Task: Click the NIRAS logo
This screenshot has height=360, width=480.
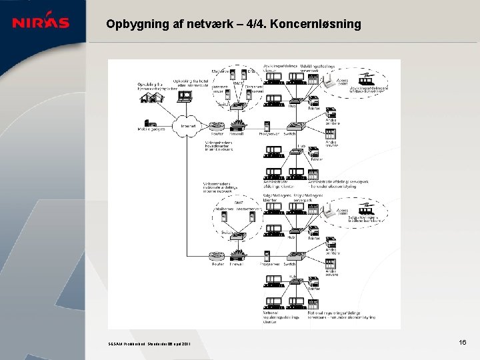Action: coord(41,22)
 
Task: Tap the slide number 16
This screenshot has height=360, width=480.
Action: coord(462,342)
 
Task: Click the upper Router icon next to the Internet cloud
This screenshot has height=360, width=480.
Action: coord(217,125)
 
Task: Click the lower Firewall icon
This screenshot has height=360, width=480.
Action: coord(237,255)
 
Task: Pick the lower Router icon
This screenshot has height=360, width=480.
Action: coord(217,256)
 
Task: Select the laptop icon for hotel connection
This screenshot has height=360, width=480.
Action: coord(185,96)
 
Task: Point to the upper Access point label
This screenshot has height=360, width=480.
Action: coord(342,82)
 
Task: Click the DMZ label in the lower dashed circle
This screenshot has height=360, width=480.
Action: coord(239,202)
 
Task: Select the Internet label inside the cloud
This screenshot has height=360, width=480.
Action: coord(187,125)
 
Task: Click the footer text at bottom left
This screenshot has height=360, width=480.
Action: coord(149,344)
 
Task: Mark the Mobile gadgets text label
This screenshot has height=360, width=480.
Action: coord(151,131)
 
